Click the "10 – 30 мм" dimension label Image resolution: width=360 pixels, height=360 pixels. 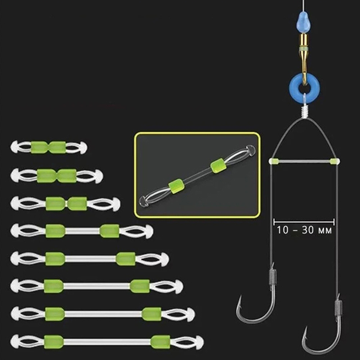304,230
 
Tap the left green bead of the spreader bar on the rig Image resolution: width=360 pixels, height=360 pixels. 274,161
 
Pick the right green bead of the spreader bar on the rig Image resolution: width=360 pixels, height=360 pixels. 334,161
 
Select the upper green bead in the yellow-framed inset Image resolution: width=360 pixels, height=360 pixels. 217,165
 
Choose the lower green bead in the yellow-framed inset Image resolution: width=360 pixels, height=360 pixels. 177,186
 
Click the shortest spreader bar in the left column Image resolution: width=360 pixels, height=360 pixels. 49,147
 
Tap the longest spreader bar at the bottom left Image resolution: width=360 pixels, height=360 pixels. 107,342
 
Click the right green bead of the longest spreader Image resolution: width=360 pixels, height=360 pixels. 160,342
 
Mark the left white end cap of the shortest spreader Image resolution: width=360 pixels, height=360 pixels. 14,147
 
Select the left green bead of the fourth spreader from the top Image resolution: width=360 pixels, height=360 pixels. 55,231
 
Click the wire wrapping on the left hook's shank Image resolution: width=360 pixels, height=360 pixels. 273,277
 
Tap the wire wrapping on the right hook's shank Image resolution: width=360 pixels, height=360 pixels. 338,307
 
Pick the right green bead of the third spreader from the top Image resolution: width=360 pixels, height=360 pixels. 77,203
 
